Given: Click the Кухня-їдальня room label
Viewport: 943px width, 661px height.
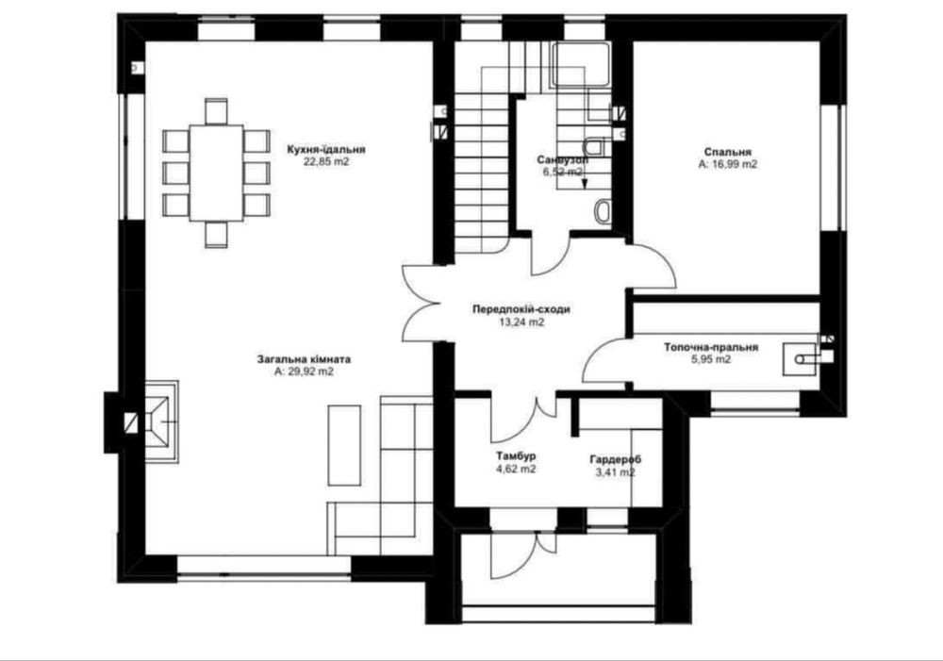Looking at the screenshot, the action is (x=326, y=150).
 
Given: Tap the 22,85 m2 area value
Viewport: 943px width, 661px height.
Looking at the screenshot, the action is (x=326, y=162).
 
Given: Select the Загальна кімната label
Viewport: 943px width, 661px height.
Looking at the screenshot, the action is (x=305, y=359).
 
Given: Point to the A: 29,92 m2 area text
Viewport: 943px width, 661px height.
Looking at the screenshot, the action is (x=304, y=372).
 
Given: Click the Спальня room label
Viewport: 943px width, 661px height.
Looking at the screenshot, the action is (x=728, y=152).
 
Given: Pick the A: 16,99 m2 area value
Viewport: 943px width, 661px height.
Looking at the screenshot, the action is (x=728, y=164).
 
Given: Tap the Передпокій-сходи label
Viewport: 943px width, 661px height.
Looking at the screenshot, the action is (x=521, y=309).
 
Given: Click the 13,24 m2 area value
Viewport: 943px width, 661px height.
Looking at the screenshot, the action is (x=521, y=322).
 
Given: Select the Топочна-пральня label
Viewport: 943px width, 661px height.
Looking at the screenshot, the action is (x=711, y=348).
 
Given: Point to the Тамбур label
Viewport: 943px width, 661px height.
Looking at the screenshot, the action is (x=516, y=456).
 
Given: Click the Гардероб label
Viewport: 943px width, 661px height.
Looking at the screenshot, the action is (x=615, y=460).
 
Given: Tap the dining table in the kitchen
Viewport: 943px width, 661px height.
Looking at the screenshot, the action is (x=216, y=174).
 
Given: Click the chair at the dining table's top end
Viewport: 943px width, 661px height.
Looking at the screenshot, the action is (x=216, y=111).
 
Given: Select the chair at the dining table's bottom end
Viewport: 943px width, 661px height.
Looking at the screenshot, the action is (x=216, y=235).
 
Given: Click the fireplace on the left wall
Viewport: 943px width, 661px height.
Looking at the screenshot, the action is (x=161, y=421).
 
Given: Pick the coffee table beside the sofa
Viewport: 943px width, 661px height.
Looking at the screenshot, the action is (x=344, y=445).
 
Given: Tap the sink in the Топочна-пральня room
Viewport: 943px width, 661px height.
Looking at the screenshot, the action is (x=800, y=359).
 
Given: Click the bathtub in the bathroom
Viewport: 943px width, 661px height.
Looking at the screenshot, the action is (x=583, y=65).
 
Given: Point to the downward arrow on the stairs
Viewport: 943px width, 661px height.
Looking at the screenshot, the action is (x=584, y=179).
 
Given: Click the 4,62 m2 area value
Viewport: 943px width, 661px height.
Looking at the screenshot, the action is (x=516, y=470).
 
